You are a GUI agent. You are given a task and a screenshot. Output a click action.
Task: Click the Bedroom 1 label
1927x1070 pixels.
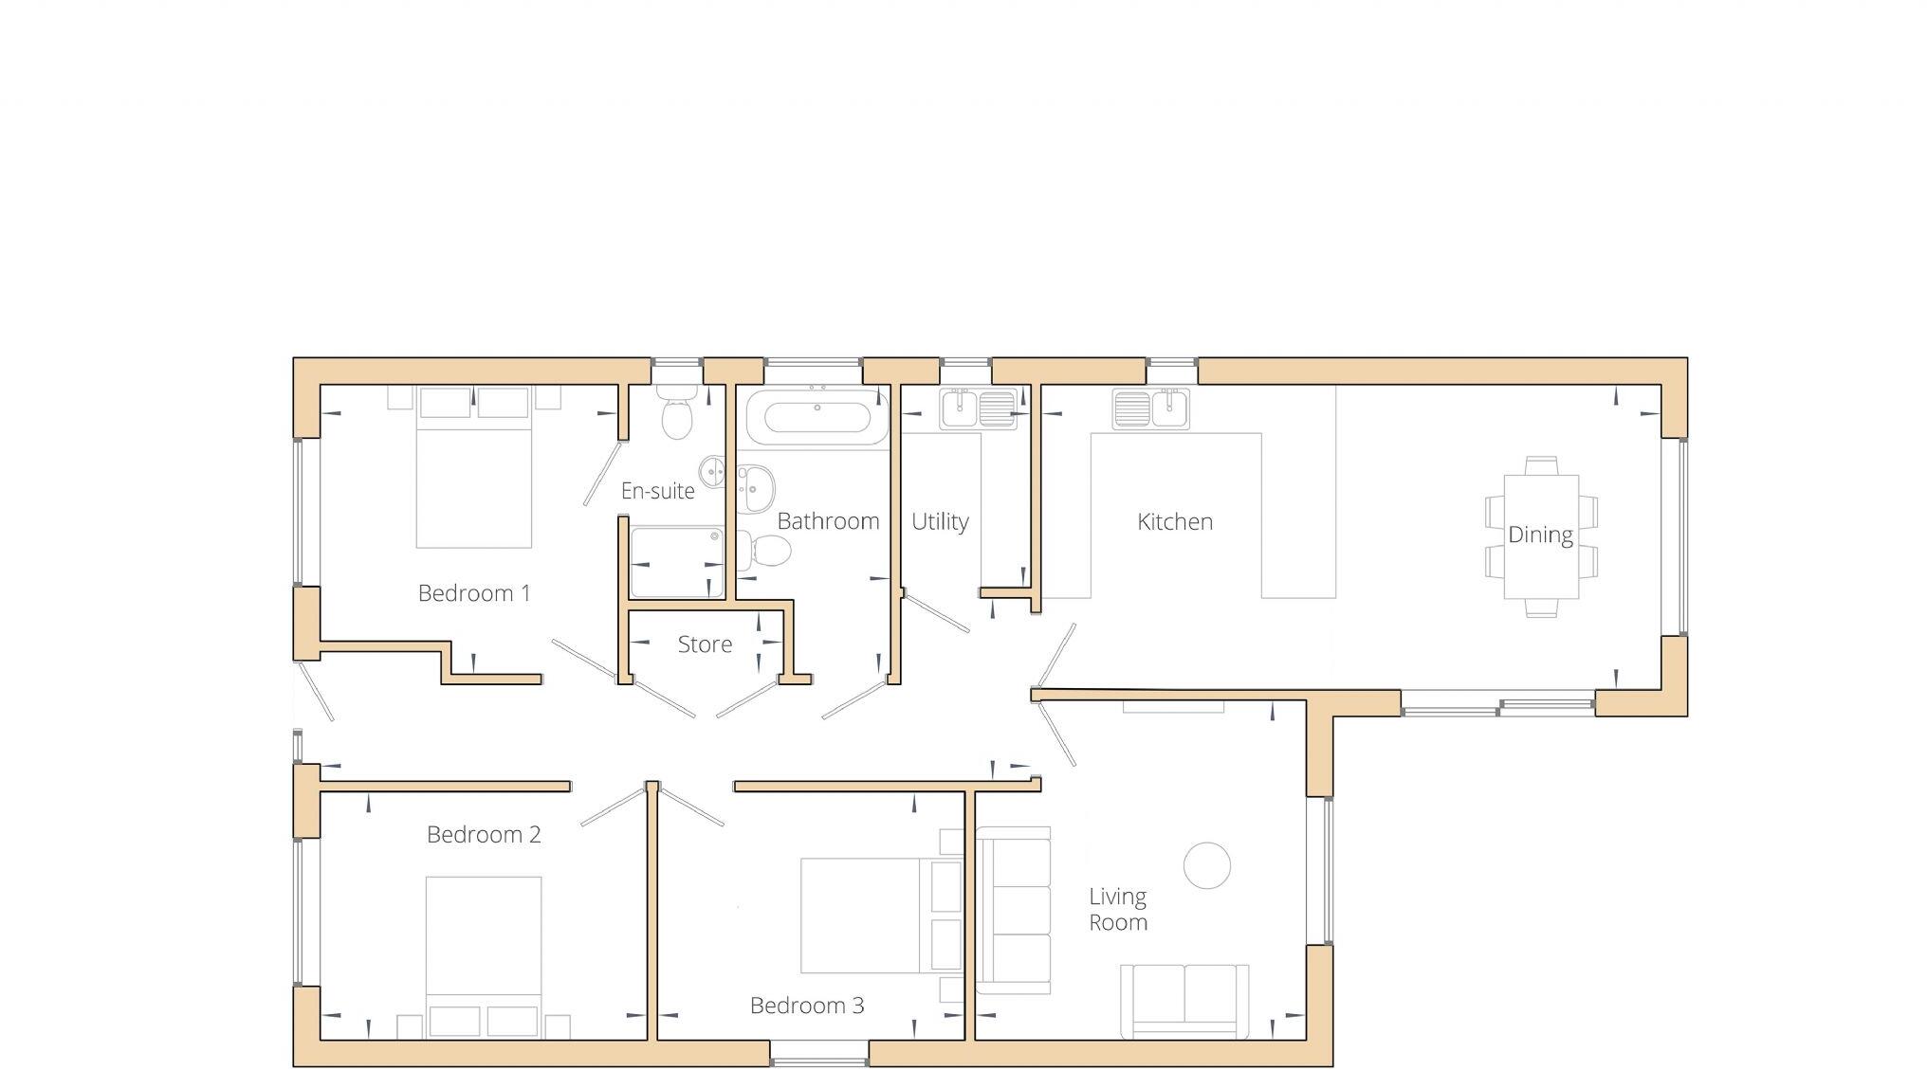point(473,593)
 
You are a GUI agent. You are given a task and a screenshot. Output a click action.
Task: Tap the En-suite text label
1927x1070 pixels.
point(657,491)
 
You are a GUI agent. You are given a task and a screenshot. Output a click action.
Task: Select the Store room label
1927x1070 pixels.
point(705,644)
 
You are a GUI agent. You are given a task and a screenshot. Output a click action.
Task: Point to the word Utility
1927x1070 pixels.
point(940,521)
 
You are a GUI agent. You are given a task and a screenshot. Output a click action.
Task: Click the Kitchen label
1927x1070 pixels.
point(1174,521)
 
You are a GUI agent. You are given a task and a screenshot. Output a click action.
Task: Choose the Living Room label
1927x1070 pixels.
point(1117,909)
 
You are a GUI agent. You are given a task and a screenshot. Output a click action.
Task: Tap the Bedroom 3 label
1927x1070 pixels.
point(807,1006)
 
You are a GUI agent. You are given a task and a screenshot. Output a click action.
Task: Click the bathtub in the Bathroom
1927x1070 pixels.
point(817,417)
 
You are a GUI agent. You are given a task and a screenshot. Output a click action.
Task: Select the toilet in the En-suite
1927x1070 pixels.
point(677,414)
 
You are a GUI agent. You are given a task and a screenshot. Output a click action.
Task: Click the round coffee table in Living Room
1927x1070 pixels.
point(1206,865)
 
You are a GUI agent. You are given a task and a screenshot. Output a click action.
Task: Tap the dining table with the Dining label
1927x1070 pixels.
point(1541,536)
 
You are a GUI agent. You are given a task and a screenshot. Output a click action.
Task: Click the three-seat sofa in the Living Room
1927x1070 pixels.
point(1014,910)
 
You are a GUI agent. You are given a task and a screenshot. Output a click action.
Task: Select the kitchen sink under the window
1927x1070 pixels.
point(1151,408)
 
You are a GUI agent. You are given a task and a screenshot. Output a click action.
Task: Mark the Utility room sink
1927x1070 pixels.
point(978,408)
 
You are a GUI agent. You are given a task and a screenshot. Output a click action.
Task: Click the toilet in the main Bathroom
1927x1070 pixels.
point(764,551)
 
